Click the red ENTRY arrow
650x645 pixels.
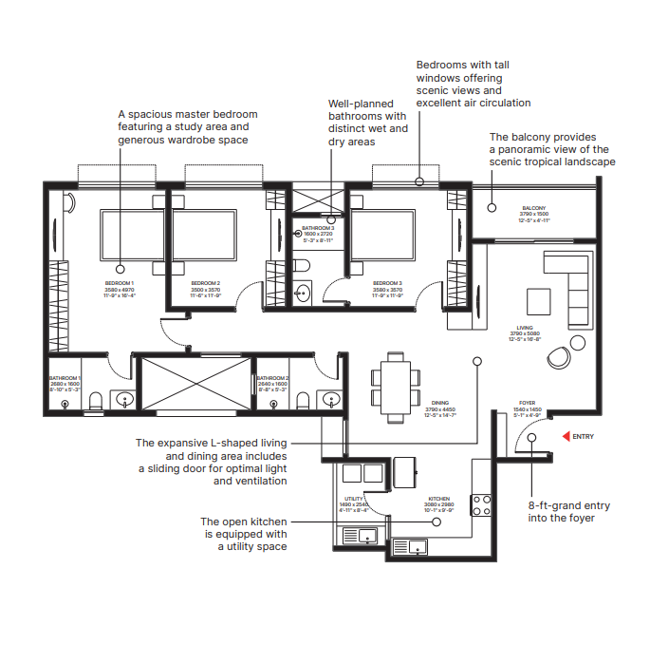click(x=567, y=436)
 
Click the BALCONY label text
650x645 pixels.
click(x=533, y=208)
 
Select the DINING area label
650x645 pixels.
click(x=440, y=403)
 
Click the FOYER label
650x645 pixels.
click(x=527, y=403)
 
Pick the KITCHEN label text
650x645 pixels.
click(x=438, y=498)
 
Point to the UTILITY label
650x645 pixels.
click(x=354, y=498)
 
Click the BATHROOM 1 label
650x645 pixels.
click(x=65, y=378)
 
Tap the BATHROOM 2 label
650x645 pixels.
click(x=272, y=378)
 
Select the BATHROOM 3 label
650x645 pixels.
click(x=318, y=228)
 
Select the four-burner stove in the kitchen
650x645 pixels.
click(x=481, y=506)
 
